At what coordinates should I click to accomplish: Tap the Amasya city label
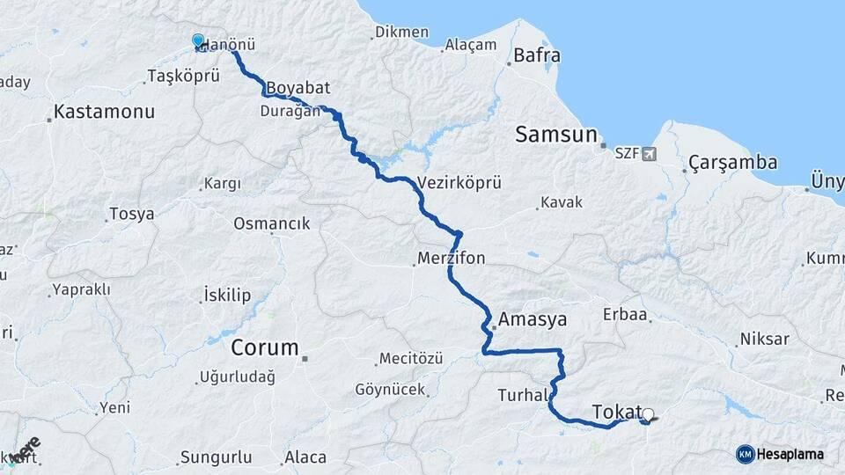tap(533, 318)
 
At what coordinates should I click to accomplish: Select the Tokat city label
tap(616, 412)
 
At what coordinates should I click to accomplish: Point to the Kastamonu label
tap(104, 112)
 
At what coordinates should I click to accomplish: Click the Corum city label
tap(265, 347)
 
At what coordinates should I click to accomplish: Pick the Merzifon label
tap(451, 259)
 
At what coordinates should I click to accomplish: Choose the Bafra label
tap(539, 55)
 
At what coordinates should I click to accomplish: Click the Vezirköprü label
tap(459, 183)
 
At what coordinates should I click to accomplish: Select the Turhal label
tap(522, 395)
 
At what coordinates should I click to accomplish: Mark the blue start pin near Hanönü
tap(198, 41)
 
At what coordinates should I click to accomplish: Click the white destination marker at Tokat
tap(649, 414)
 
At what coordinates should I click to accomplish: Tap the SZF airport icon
tap(650, 154)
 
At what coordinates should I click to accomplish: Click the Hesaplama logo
tap(780, 454)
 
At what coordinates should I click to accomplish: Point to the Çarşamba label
tap(733, 163)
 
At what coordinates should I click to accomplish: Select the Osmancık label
tap(271, 223)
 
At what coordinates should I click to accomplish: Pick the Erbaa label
tap(625, 314)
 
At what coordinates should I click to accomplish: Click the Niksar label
tap(764, 339)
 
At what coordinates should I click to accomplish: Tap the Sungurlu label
tap(216, 457)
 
